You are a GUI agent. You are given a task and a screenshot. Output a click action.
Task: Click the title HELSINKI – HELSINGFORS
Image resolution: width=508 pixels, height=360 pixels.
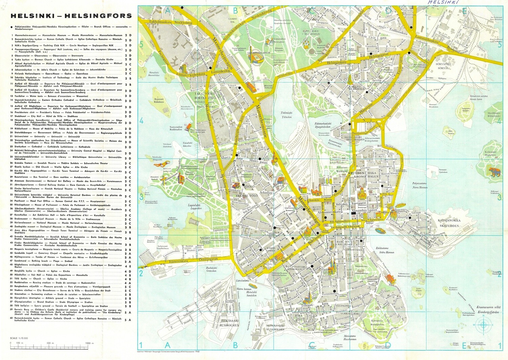coord(71,16)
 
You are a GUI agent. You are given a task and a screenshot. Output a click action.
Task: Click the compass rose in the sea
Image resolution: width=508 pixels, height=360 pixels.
coord(483,325)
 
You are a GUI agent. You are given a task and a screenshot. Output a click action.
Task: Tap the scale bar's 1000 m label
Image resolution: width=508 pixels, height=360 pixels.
coord(89,343)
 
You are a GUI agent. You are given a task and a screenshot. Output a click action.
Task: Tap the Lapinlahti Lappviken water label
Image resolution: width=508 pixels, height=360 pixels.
coord(196,207)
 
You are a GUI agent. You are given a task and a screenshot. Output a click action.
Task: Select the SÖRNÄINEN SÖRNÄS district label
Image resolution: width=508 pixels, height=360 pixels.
coord(443,66)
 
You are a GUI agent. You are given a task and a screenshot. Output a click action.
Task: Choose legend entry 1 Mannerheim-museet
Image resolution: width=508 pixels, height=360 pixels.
coord(68,35)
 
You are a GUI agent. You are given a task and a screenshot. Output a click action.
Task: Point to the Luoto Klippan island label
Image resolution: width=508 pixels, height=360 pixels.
coord(419,289)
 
